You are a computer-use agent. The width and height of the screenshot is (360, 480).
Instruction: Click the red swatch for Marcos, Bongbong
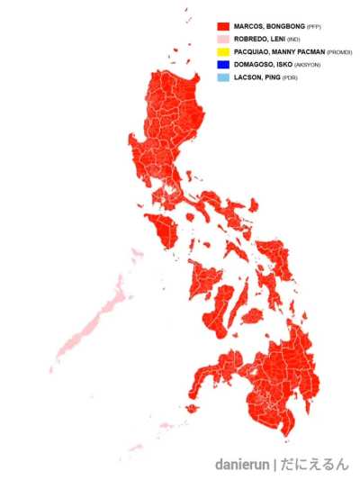[223, 27]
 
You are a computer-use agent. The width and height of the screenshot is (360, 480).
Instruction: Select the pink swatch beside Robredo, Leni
[223, 40]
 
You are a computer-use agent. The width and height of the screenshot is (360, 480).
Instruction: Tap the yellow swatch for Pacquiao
[223, 52]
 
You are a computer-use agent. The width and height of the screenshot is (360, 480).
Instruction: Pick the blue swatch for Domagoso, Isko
[223, 65]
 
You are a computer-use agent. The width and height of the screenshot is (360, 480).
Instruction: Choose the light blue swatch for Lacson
[223, 77]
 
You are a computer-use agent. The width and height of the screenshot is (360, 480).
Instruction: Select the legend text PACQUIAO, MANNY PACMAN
[279, 52]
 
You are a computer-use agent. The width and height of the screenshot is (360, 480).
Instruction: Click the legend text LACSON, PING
[256, 77]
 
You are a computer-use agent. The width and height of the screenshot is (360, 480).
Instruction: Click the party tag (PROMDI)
[339, 53]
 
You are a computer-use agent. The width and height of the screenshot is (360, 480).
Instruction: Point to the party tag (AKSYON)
[307, 66]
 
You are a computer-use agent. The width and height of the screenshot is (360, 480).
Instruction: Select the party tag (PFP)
[314, 28]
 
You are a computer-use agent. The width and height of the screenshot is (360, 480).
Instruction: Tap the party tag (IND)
[293, 41]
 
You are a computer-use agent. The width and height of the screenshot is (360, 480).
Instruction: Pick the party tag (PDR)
[289, 78]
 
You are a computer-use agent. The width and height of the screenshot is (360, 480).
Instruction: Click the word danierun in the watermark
[243, 465]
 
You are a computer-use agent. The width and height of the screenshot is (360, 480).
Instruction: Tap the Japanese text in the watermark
[314, 465]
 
